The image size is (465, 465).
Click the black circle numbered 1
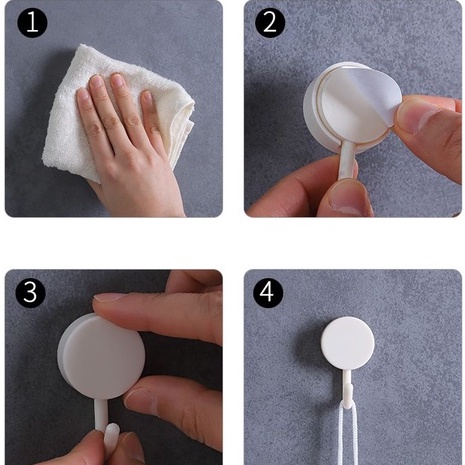point(32,23)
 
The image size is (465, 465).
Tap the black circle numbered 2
point(270,23)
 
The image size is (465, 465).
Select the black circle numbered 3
point(30,292)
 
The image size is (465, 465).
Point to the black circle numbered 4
point(268,292)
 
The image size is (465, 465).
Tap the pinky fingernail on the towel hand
point(147,98)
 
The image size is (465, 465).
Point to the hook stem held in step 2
point(347,160)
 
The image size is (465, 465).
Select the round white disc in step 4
point(348,343)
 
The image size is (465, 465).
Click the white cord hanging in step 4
point(348,433)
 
